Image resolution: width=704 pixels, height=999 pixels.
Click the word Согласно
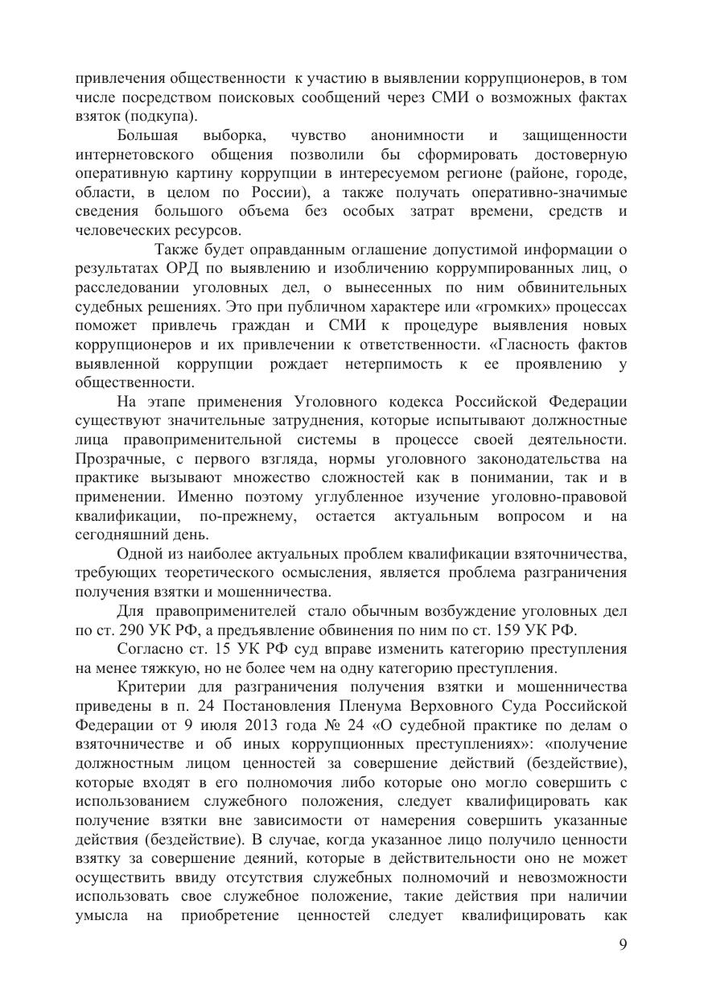click(x=151, y=649)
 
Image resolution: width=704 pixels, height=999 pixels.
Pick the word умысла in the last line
click(x=100, y=915)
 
